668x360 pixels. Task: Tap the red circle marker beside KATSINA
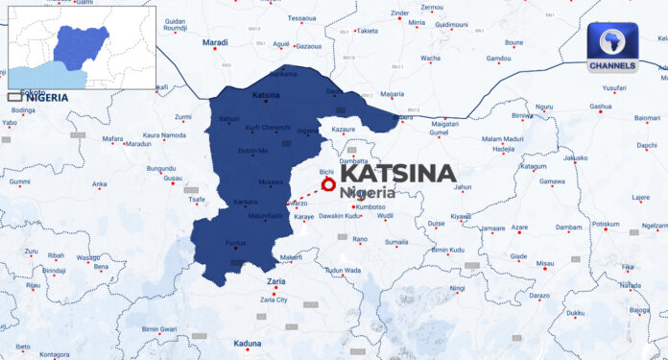(328, 183)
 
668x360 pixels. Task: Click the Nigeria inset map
(81, 47)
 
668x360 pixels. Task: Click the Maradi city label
(214, 43)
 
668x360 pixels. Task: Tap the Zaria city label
(275, 280)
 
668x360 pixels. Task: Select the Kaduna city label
(248, 343)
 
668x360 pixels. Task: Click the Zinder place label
(398, 12)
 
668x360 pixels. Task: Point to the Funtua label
(237, 244)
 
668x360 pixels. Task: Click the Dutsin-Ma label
(253, 151)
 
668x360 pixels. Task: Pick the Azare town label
(519, 228)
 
